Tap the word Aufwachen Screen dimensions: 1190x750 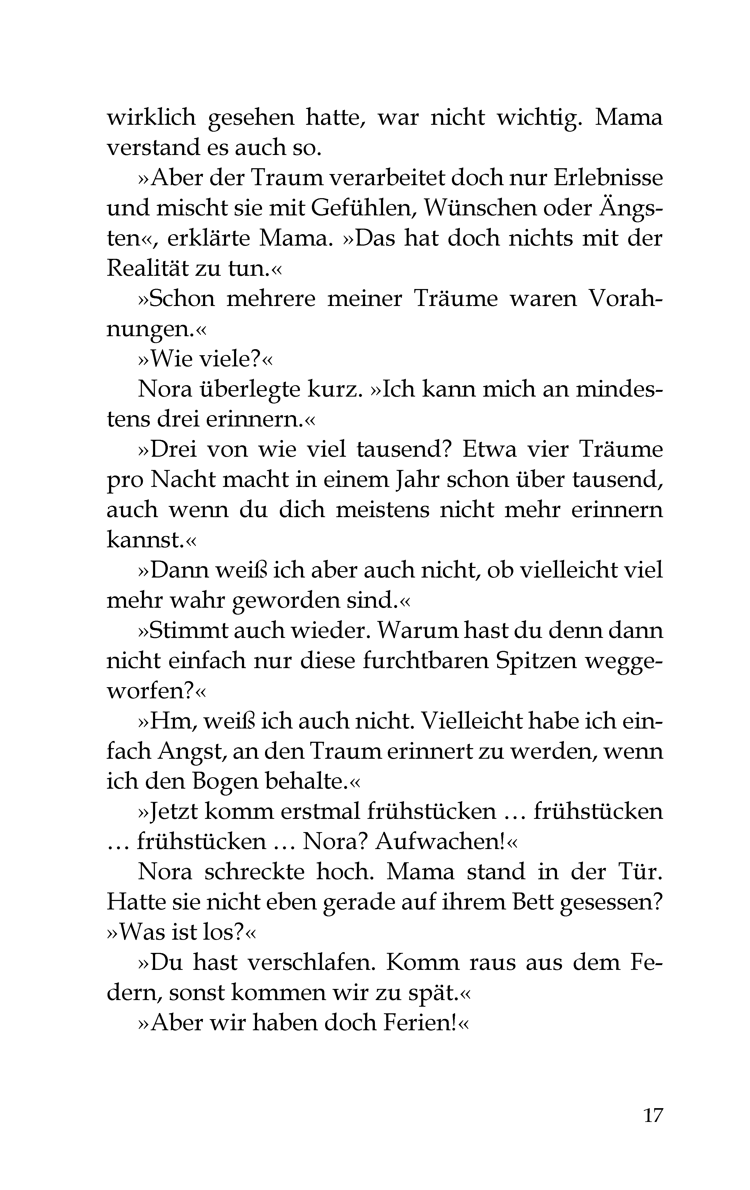[x=439, y=842]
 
